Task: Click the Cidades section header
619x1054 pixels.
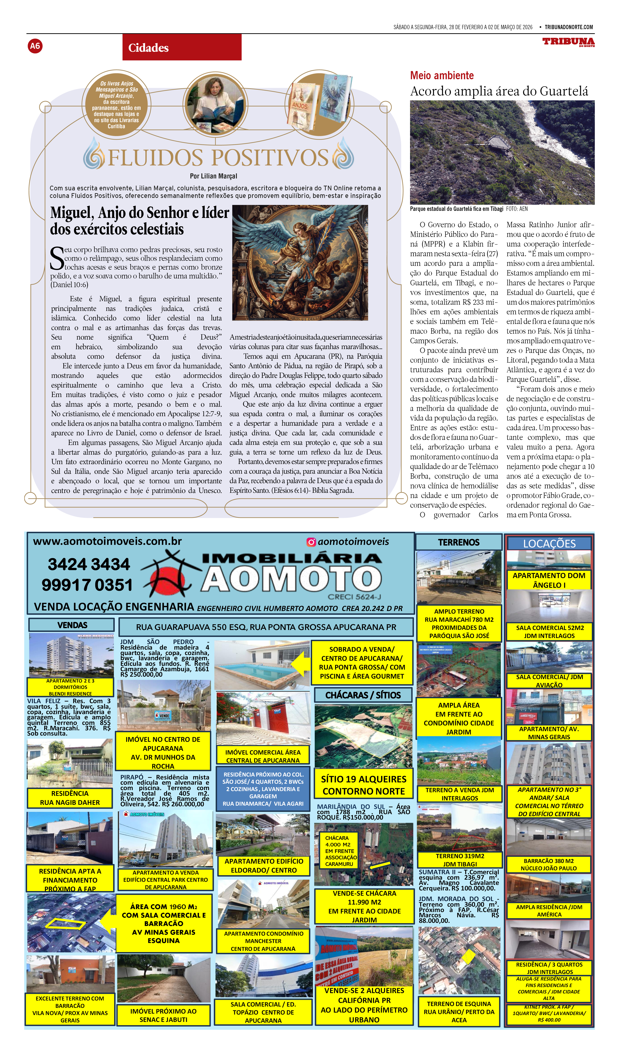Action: (x=149, y=48)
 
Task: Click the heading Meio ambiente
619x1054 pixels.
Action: (x=442, y=76)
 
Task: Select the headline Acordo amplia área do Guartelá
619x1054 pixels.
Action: (x=499, y=91)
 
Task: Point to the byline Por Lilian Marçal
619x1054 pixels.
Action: (x=213, y=176)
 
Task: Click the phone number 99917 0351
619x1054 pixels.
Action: (x=87, y=585)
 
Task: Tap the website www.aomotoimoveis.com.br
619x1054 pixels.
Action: (x=107, y=541)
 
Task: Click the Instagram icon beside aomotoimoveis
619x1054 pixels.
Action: (x=311, y=542)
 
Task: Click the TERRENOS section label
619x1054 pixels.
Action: (x=459, y=542)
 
